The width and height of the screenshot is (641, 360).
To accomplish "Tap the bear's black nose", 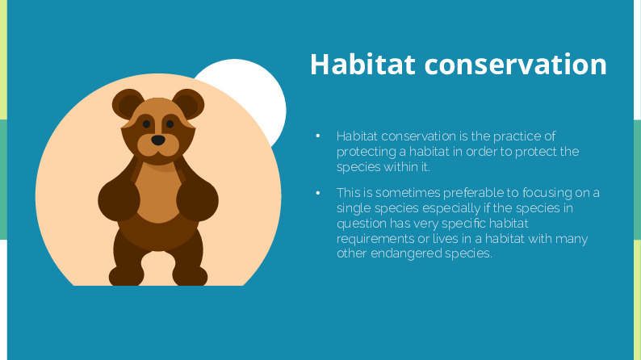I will click(x=158, y=140).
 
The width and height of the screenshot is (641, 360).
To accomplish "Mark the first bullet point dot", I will click(x=318, y=136).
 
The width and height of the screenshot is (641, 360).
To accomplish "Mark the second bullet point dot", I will click(x=318, y=193).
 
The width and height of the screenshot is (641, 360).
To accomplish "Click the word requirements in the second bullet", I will click(x=375, y=239).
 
